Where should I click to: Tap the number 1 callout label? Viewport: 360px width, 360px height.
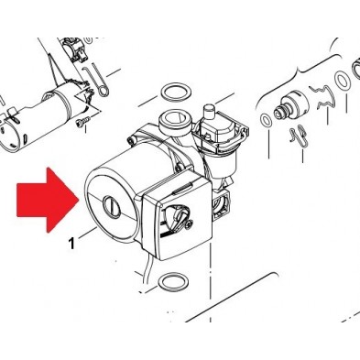(71, 244)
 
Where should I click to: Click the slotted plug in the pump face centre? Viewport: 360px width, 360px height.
(112, 207)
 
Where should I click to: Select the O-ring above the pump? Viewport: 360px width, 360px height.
(174, 93)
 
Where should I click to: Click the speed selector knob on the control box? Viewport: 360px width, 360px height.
(177, 215)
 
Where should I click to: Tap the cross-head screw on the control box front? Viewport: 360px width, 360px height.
(189, 224)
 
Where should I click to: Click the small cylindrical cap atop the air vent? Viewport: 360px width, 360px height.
(209, 111)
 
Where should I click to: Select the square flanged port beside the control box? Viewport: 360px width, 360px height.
(220, 204)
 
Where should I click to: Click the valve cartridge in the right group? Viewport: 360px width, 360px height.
(291, 107)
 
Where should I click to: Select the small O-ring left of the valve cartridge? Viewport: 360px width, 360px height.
(266, 120)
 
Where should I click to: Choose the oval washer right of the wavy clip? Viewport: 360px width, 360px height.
(342, 81)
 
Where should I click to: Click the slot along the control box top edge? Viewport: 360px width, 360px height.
(182, 190)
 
